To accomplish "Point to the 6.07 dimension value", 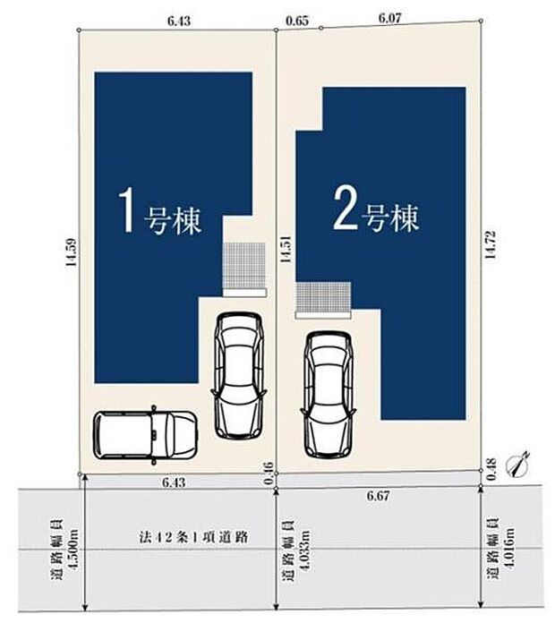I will click(391, 17).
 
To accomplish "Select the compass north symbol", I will click(517, 464).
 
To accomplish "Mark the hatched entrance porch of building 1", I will click(243, 264).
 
